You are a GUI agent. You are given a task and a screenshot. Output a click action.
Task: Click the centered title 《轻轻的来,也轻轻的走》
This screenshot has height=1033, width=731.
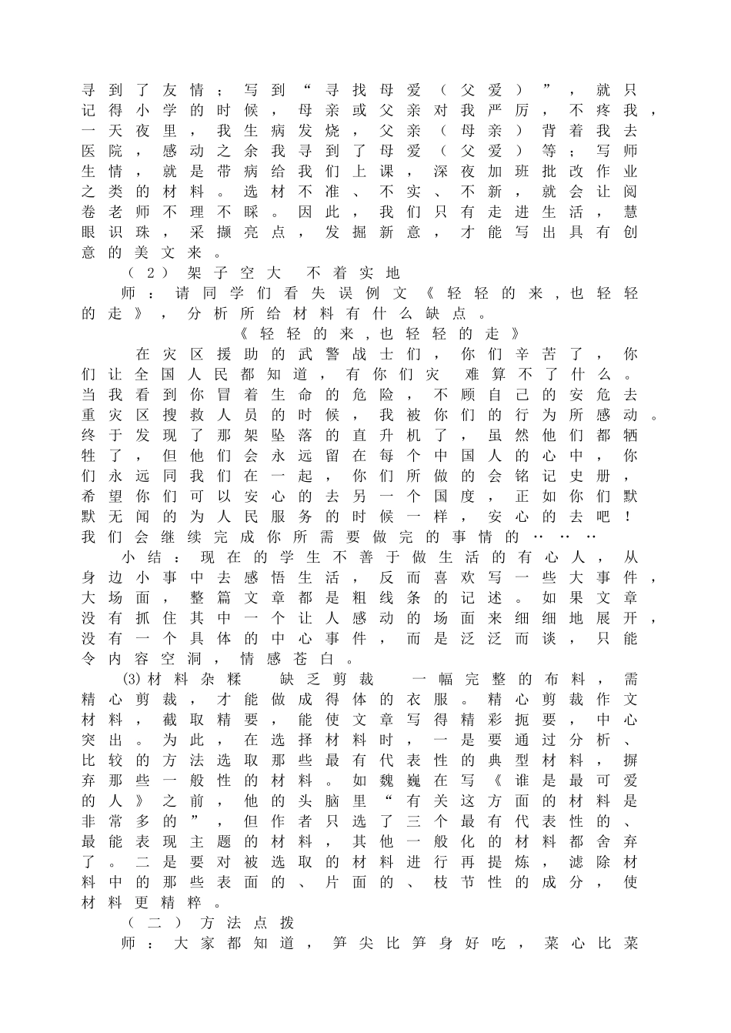pyautogui.click(x=380, y=333)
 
